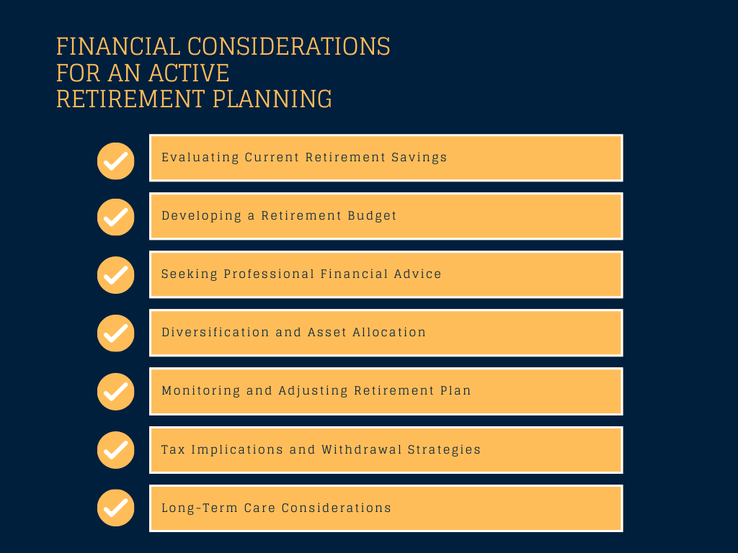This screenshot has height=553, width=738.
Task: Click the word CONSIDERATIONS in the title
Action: (289, 47)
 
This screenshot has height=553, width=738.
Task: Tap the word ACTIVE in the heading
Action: (190, 73)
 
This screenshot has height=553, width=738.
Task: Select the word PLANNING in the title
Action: (272, 99)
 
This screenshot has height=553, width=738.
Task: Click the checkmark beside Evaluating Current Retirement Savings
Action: (116, 161)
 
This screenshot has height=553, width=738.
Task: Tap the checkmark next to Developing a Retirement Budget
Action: (116, 217)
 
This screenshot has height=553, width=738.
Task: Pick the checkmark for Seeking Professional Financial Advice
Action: (116, 275)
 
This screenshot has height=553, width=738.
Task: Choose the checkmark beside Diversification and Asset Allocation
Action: (116, 333)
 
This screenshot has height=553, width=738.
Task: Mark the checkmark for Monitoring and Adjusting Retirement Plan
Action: (116, 392)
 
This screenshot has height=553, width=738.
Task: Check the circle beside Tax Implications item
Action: (116, 450)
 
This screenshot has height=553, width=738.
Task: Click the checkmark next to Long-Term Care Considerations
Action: (116, 508)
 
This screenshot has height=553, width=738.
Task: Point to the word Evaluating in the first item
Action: (200, 158)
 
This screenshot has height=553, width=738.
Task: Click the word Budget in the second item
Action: (372, 216)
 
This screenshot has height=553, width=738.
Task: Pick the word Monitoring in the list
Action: (201, 391)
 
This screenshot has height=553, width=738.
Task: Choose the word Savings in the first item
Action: (419, 158)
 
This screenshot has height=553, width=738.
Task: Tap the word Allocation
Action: (389, 332)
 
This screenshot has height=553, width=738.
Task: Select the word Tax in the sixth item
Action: (173, 449)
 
